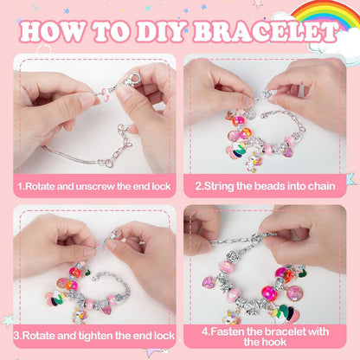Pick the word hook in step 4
[x=276, y=342]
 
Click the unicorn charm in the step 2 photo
[x=253, y=162]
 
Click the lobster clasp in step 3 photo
[x=114, y=234]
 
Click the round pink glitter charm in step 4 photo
[x=294, y=293]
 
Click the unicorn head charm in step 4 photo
[x=231, y=317]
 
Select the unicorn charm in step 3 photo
[x=80, y=315]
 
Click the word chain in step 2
[x=321, y=186]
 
